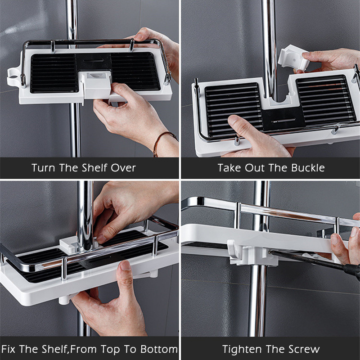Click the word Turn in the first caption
pos(43,168)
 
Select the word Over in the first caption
pos(123,168)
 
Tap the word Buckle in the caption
pos(308,168)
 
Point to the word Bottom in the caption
pos(159,349)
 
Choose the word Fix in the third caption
pos(8,349)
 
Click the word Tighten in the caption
pos(242,349)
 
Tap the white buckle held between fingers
pos(293,58)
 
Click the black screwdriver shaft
pos(315,262)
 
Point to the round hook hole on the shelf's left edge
pos(13,77)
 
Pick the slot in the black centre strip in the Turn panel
pos(94,61)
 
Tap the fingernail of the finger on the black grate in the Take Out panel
pos(233,120)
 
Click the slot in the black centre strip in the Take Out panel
pos(283,120)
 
